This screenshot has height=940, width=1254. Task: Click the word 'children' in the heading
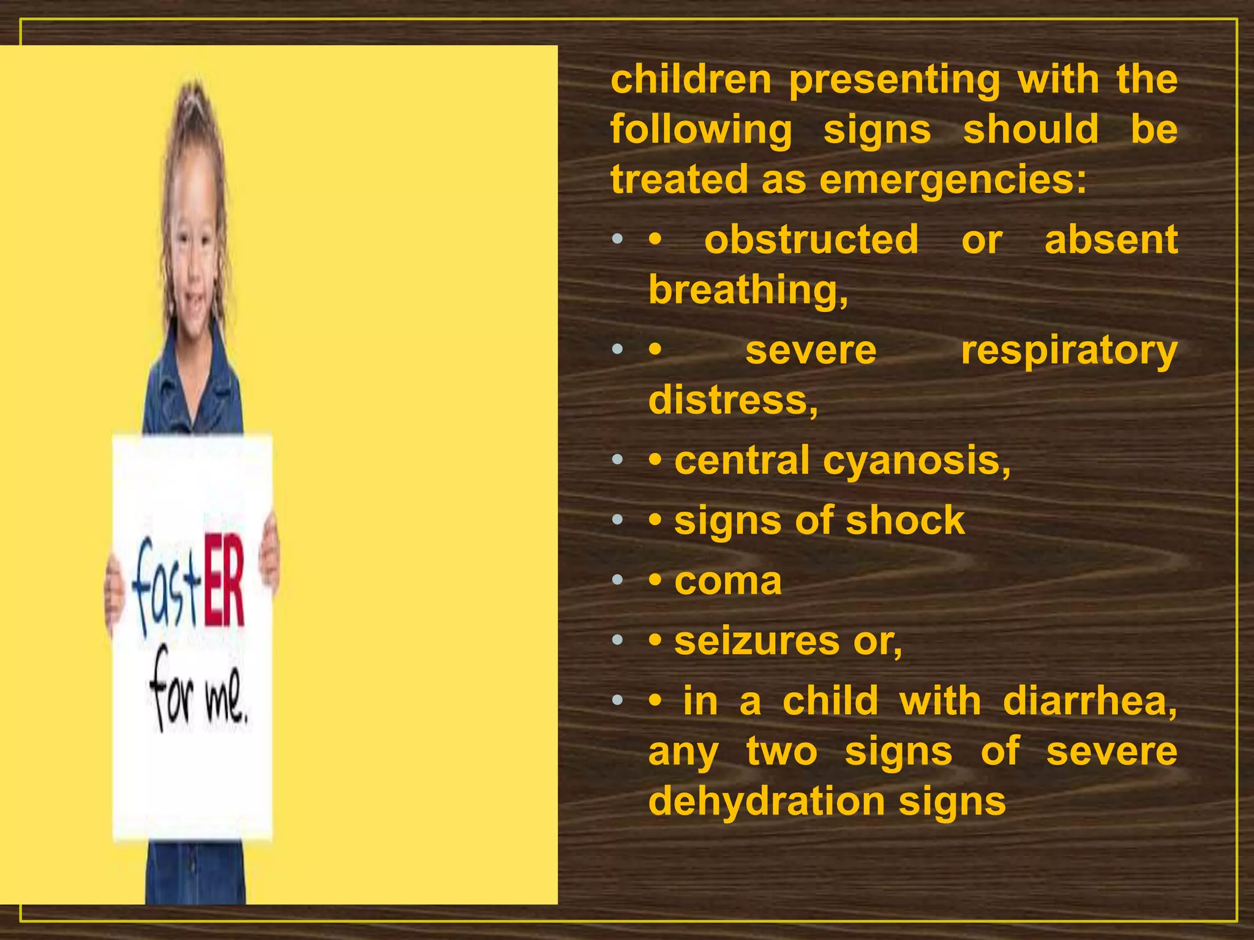click(x=691, y=80)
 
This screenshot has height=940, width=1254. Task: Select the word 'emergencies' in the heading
click(x=948, y=181)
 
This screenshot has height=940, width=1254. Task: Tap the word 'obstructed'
click(x=811, y=239)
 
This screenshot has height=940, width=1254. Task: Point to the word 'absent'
click(x=1111, y=239)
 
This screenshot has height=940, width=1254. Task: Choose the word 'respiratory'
click(x=1068, y=351)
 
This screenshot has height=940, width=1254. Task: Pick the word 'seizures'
click(x=756, y=641)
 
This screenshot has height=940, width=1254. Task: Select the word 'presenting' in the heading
click(x=894, y=80)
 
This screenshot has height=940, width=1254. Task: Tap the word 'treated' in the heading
click(x=680, y=179)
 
